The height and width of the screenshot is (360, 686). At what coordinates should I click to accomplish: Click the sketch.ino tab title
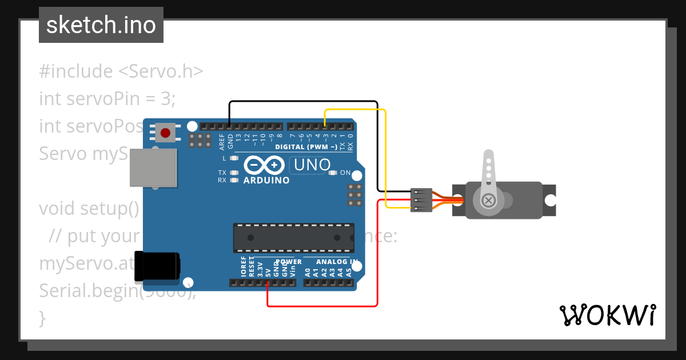click(x=101, y=25)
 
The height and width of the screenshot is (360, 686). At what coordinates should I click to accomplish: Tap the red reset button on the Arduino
click(x=165, y=133)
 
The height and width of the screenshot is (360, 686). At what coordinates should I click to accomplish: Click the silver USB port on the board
click(x=153, y=167)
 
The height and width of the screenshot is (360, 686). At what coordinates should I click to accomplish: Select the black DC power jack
click(x=157, y=266)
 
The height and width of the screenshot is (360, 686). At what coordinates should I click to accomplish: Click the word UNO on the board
click(x=312, y=165)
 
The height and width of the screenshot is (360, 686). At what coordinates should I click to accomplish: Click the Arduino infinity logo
click(x=265, y=165)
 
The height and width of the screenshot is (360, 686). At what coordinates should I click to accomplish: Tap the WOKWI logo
click(x=607, y=315)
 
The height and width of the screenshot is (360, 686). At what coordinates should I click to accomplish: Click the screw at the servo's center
click(x=489, y=201)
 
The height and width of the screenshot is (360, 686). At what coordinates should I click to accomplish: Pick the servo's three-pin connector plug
click(x=421, y=200)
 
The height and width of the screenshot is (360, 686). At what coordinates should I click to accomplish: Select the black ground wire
click(x=303, y=102)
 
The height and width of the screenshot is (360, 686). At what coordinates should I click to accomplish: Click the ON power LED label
click(x=345, y=173)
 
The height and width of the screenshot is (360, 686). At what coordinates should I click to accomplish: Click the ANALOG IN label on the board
click(x=337, y=262)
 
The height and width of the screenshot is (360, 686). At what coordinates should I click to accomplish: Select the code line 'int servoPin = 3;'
click(x=107, y=98)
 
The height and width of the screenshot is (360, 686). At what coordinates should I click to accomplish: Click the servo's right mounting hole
click(x=550, y=201)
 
